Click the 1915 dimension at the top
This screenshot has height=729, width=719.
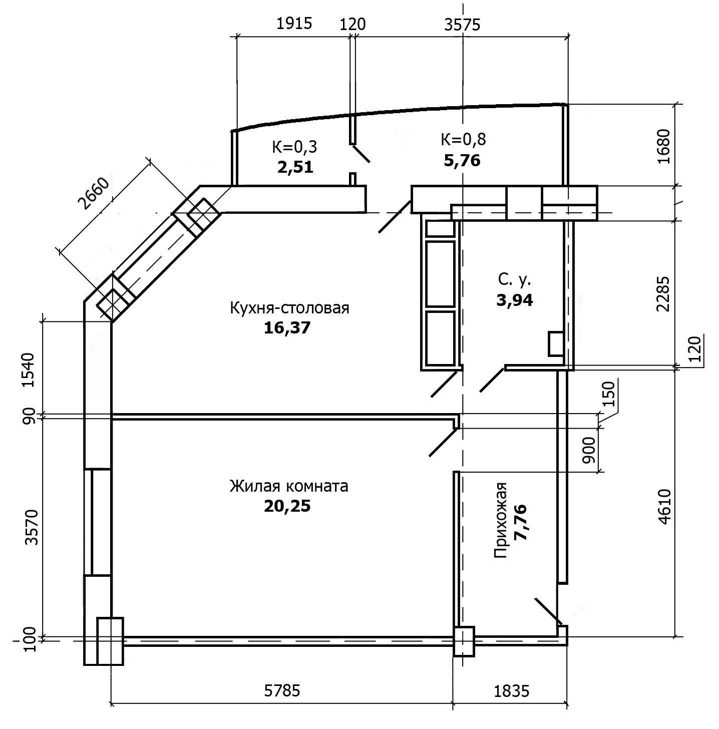(x=294, y=24)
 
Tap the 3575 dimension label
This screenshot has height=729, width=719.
(x=462, y=25)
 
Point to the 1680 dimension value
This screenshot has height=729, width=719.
(x=664, y=146)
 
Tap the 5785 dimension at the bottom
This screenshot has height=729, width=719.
(x=282, y=691)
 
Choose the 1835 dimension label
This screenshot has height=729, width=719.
(x=512, y=691)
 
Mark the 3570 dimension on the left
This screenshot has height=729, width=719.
(x=32, y=527)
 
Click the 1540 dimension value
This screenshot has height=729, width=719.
(x=29, y=370)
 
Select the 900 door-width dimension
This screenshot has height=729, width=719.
(x=589, y=450)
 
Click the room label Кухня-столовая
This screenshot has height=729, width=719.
(x=289, y=308)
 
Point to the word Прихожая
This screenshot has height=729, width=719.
(x=500, y=520)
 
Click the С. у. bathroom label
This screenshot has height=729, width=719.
(x=515, y=279)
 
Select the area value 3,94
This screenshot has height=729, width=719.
(x=515, y=300)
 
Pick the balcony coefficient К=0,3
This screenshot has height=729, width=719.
(x=294, y=147)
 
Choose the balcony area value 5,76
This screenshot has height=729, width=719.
(x=462, y=160)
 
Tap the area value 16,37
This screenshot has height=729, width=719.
(x=287, y=327)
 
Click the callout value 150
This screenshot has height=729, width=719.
(x=609, y=394)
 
